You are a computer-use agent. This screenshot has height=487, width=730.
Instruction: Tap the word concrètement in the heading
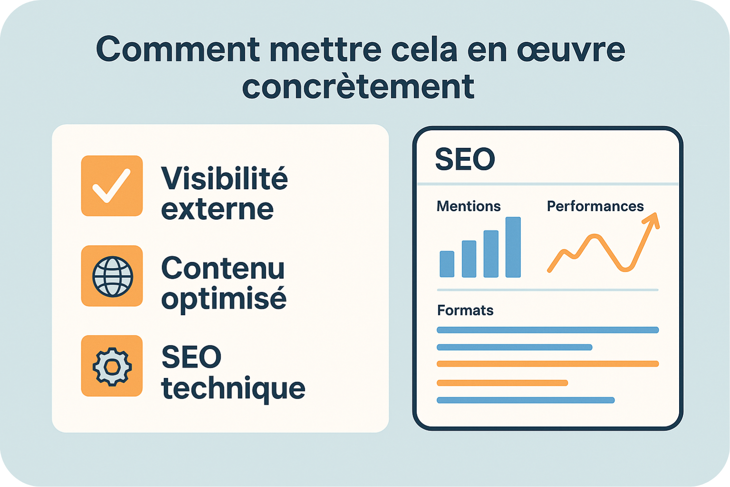click(x=358, y=87)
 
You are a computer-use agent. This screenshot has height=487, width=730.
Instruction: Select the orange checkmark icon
click(x=112, y=186)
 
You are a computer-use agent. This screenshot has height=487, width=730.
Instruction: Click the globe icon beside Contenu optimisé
click(x=112, y=276)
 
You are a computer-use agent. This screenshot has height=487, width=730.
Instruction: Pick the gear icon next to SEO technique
click(x=112, y=366)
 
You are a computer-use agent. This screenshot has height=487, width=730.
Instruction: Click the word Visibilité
click(x=224, y=178)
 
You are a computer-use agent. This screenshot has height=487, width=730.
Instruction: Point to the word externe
click(x=217, y=209)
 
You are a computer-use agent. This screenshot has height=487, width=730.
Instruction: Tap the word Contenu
click(x=223, y=268)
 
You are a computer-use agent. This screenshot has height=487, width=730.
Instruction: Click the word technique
click(x=233, y=388)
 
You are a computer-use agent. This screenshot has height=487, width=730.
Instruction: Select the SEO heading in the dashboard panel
click(x=465, y=159)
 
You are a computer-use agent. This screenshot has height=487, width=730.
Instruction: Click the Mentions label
click(x=468, y=206)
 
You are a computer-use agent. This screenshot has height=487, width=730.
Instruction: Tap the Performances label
click(x=595, y=206)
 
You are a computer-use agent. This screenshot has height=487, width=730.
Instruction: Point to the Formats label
click(x=465, y=310)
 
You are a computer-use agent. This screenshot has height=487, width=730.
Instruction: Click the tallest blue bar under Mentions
click(x=513, y=247)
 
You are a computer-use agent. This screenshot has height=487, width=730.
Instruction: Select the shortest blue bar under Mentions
click(x=447, y=263)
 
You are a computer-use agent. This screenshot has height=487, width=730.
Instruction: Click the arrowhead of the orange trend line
click(x=653, y=220)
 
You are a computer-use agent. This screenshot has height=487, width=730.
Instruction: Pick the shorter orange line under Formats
click(x=502, y=383)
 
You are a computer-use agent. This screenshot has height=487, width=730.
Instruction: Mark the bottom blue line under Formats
click(x=525, y=400)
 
